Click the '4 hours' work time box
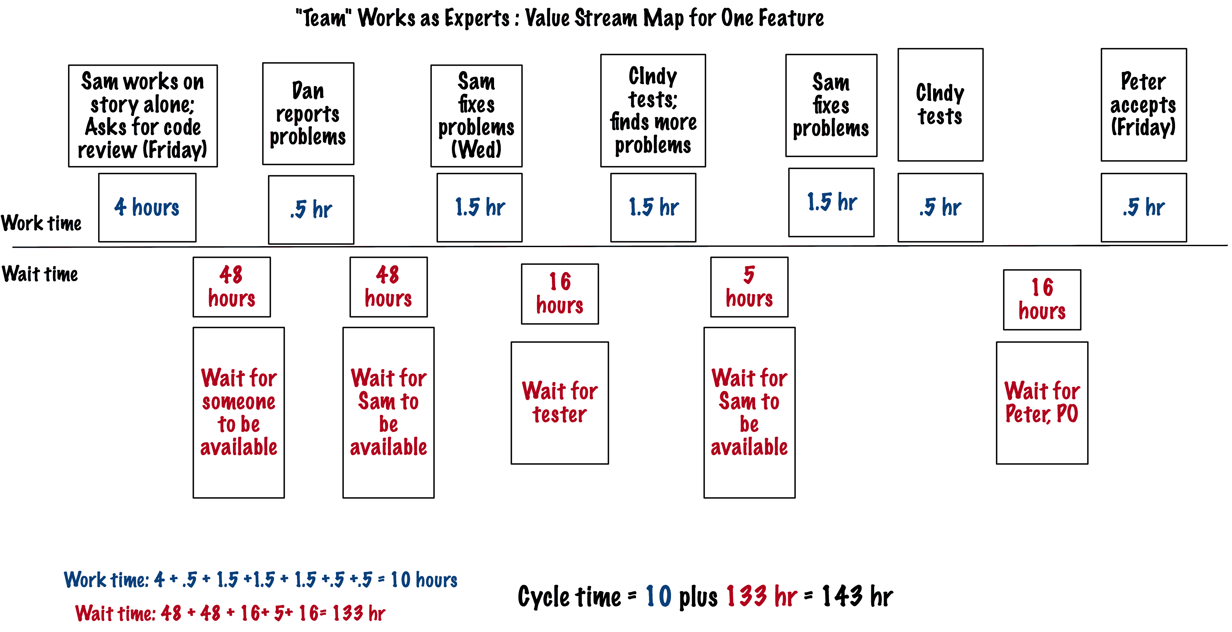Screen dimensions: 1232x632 pyautogui.click(x=147, y=207)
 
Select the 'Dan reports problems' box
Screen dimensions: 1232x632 pyautogui.click(x=308, y=114)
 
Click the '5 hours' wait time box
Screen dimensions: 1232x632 pyautogui.click(x=749, y=287)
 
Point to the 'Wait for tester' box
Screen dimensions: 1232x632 pyautogui.click(x=560, y=403)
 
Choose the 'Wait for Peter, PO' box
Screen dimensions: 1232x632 pyautogui.click(x=1042, y=403)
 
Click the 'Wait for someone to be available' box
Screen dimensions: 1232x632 pyautogui.click(x=239, y=412)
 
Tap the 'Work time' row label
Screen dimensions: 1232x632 pyautogui.click(x=41, y=223)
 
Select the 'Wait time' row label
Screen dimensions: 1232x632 pyautogui.click(x=40, y=274)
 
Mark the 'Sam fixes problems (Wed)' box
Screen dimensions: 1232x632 pyautogui.click(x=476, y=116)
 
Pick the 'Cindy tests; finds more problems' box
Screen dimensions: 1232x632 pyautogui.click(x=653, y=110)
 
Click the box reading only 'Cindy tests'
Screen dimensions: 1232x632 pyautogui.click(x=940, y=105)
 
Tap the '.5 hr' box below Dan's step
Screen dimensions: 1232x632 pyautogui.click(x=311, y=209)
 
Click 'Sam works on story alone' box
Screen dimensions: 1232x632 pyautogui.click(x=143, y=116)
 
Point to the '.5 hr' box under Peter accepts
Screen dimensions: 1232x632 pyautogui.click(x=1144, y=207)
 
